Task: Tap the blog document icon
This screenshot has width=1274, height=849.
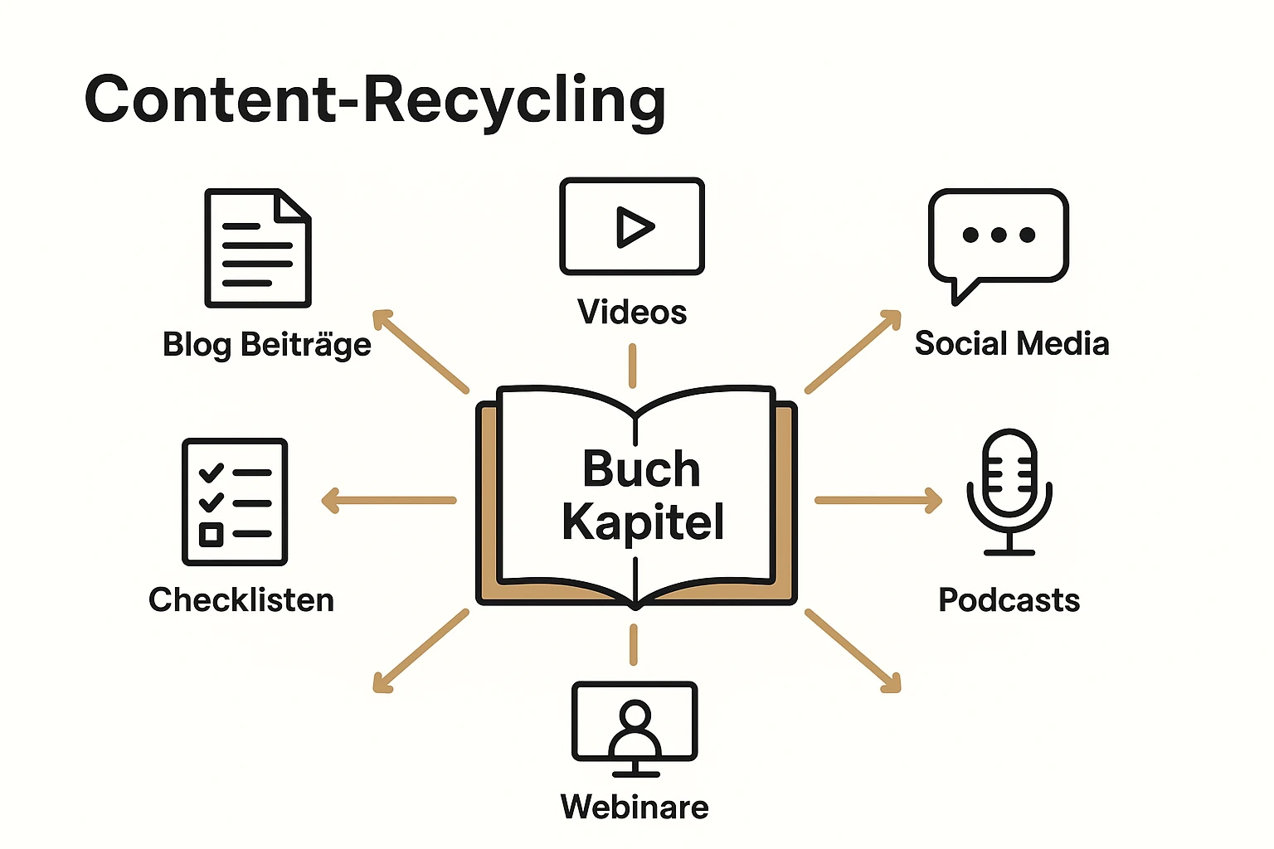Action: [x=258, y=248]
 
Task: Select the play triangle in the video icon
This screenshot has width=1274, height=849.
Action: [x=635, y=226]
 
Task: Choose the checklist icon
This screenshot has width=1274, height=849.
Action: [x=235, y=502]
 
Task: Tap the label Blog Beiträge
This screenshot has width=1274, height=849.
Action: [x=267, y=344]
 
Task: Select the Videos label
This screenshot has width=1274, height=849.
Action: [x=632, y=313]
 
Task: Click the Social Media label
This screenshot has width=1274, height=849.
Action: [x=1012, y=343]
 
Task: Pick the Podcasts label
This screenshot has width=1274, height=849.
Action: [x=1009, y=599]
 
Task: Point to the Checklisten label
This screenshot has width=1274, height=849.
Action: [x=241, y=599]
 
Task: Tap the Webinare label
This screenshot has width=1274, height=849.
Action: [x=635, y=807]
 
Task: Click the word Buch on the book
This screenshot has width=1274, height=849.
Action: [x=641, y=469]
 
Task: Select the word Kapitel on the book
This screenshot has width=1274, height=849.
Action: [x=643, y=522]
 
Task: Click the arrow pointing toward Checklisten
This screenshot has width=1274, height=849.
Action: [x=388, y=500]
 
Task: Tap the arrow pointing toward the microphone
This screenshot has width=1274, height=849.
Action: [x=878, y=500]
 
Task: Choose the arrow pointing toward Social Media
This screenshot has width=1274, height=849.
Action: [x=853, y=352]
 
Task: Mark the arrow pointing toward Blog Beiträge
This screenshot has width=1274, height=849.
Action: [x=421, y=351]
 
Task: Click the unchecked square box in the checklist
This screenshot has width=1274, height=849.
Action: [x=212, y=534]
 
